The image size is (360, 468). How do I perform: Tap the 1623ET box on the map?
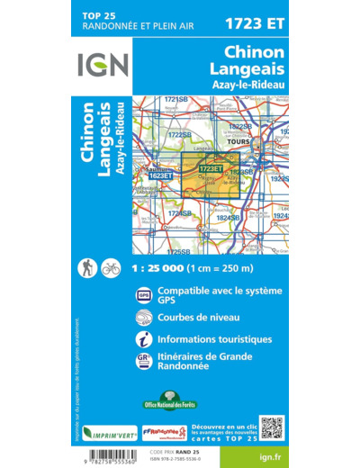coord(160,176)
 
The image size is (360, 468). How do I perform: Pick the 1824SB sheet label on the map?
coord(228,218)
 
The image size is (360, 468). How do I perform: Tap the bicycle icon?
coord(111,267)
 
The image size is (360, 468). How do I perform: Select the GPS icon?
coord(144,293)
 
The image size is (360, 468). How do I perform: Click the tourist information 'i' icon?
coord(144,339)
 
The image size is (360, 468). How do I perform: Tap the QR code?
coord(271,428)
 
